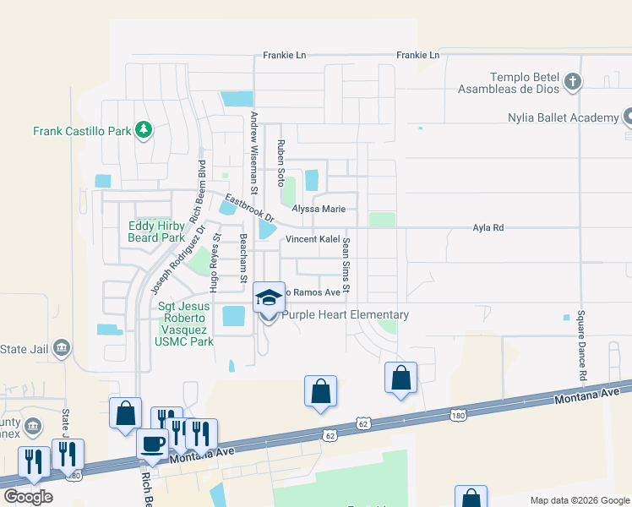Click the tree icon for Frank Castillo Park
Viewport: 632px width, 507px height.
144,129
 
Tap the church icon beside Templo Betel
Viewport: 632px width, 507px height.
573,82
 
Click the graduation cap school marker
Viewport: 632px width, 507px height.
270,299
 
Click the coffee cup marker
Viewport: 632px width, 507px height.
153,444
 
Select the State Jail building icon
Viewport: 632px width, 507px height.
61,348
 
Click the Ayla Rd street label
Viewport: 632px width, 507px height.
488,227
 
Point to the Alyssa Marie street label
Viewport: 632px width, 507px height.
319,209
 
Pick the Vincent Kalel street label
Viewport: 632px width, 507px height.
312,239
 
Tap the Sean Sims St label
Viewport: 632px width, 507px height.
346,267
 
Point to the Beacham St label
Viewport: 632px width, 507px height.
243,258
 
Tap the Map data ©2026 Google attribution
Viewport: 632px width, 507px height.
579,500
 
